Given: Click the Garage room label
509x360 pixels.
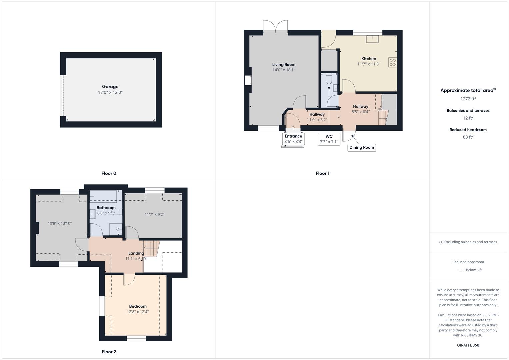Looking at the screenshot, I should (110, 87).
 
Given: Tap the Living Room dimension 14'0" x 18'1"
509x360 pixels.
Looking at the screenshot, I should (284, 70).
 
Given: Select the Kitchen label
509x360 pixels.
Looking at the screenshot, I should (369, 59).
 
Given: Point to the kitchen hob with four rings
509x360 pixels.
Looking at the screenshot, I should (393, 62).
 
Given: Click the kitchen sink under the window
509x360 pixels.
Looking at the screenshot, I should (372, 39).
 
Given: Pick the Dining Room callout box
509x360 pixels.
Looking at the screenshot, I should (362, 147).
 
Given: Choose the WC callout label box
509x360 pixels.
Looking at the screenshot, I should (329, 139).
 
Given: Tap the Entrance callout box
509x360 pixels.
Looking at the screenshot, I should (293, 139).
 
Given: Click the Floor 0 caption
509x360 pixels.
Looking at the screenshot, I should (109, 173).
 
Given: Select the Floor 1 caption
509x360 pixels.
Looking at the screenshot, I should (322, 173).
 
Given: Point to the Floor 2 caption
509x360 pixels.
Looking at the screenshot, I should (109, 352).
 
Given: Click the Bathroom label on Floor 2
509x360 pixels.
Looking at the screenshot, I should (106, 208).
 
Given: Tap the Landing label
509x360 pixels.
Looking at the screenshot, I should (136, 253).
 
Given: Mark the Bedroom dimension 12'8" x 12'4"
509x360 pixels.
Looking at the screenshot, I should (138, 312).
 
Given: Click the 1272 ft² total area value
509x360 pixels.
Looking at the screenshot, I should (468, 99).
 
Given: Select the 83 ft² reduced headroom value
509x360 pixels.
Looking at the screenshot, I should (468, 137).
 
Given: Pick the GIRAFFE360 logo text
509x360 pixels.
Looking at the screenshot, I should (468, 345).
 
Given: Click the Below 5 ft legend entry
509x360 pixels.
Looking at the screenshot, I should (468, 270).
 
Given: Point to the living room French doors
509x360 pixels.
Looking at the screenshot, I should (276, 27).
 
